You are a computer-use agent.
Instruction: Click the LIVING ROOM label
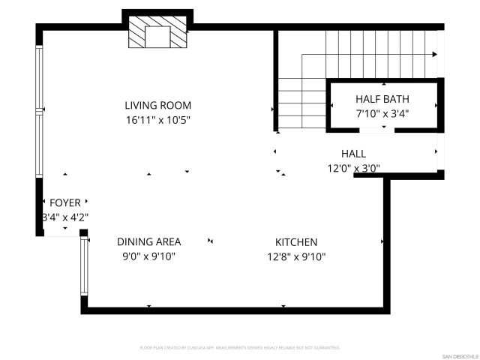coord(157,106)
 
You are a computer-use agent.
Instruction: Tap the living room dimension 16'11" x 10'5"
coord(157,120)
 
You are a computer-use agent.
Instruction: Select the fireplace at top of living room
coord(158,33)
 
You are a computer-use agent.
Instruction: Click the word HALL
coord(353,154)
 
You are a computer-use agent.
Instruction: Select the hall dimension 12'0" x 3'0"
coord(353,168)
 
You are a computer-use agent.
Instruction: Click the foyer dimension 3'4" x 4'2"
coord(65,217)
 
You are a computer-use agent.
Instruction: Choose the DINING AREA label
coord(148,241)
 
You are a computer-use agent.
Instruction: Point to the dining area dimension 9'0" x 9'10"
coord(148,256)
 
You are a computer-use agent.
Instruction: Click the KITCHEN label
coord(296,242)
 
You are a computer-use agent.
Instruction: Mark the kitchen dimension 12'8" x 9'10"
coord(296,256)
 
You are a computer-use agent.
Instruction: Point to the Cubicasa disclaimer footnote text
coord(239,348)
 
